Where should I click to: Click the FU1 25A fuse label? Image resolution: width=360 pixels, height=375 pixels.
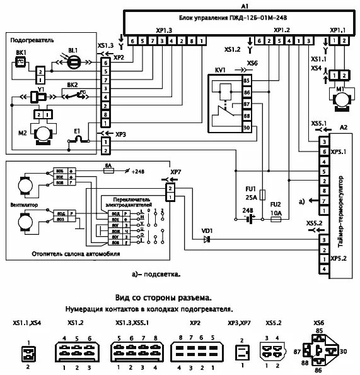point(250,193)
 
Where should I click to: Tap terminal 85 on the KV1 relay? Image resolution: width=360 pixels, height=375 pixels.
point(247,81)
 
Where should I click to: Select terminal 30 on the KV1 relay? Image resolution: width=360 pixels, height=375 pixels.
point(247,127)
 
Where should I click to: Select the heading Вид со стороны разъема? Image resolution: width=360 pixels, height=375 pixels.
point(163,297)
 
